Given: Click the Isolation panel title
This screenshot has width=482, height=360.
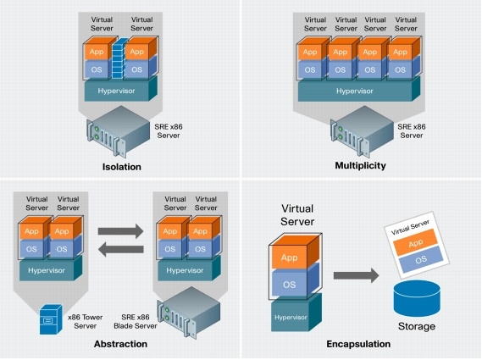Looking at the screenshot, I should click(x=120, y=166).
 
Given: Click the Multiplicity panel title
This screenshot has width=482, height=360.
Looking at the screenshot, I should click(x=360, y=166).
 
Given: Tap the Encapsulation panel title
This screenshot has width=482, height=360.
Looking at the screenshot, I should click(x=358, y=344).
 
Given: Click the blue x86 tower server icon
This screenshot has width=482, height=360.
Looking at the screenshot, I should click(x=51, y=324).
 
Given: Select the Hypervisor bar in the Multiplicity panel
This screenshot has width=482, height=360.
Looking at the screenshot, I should click(x=360, y=91).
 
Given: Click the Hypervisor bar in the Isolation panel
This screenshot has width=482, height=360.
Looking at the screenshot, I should click(x=119, y=91).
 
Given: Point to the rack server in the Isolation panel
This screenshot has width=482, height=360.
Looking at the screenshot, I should click(x=119, y=131).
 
